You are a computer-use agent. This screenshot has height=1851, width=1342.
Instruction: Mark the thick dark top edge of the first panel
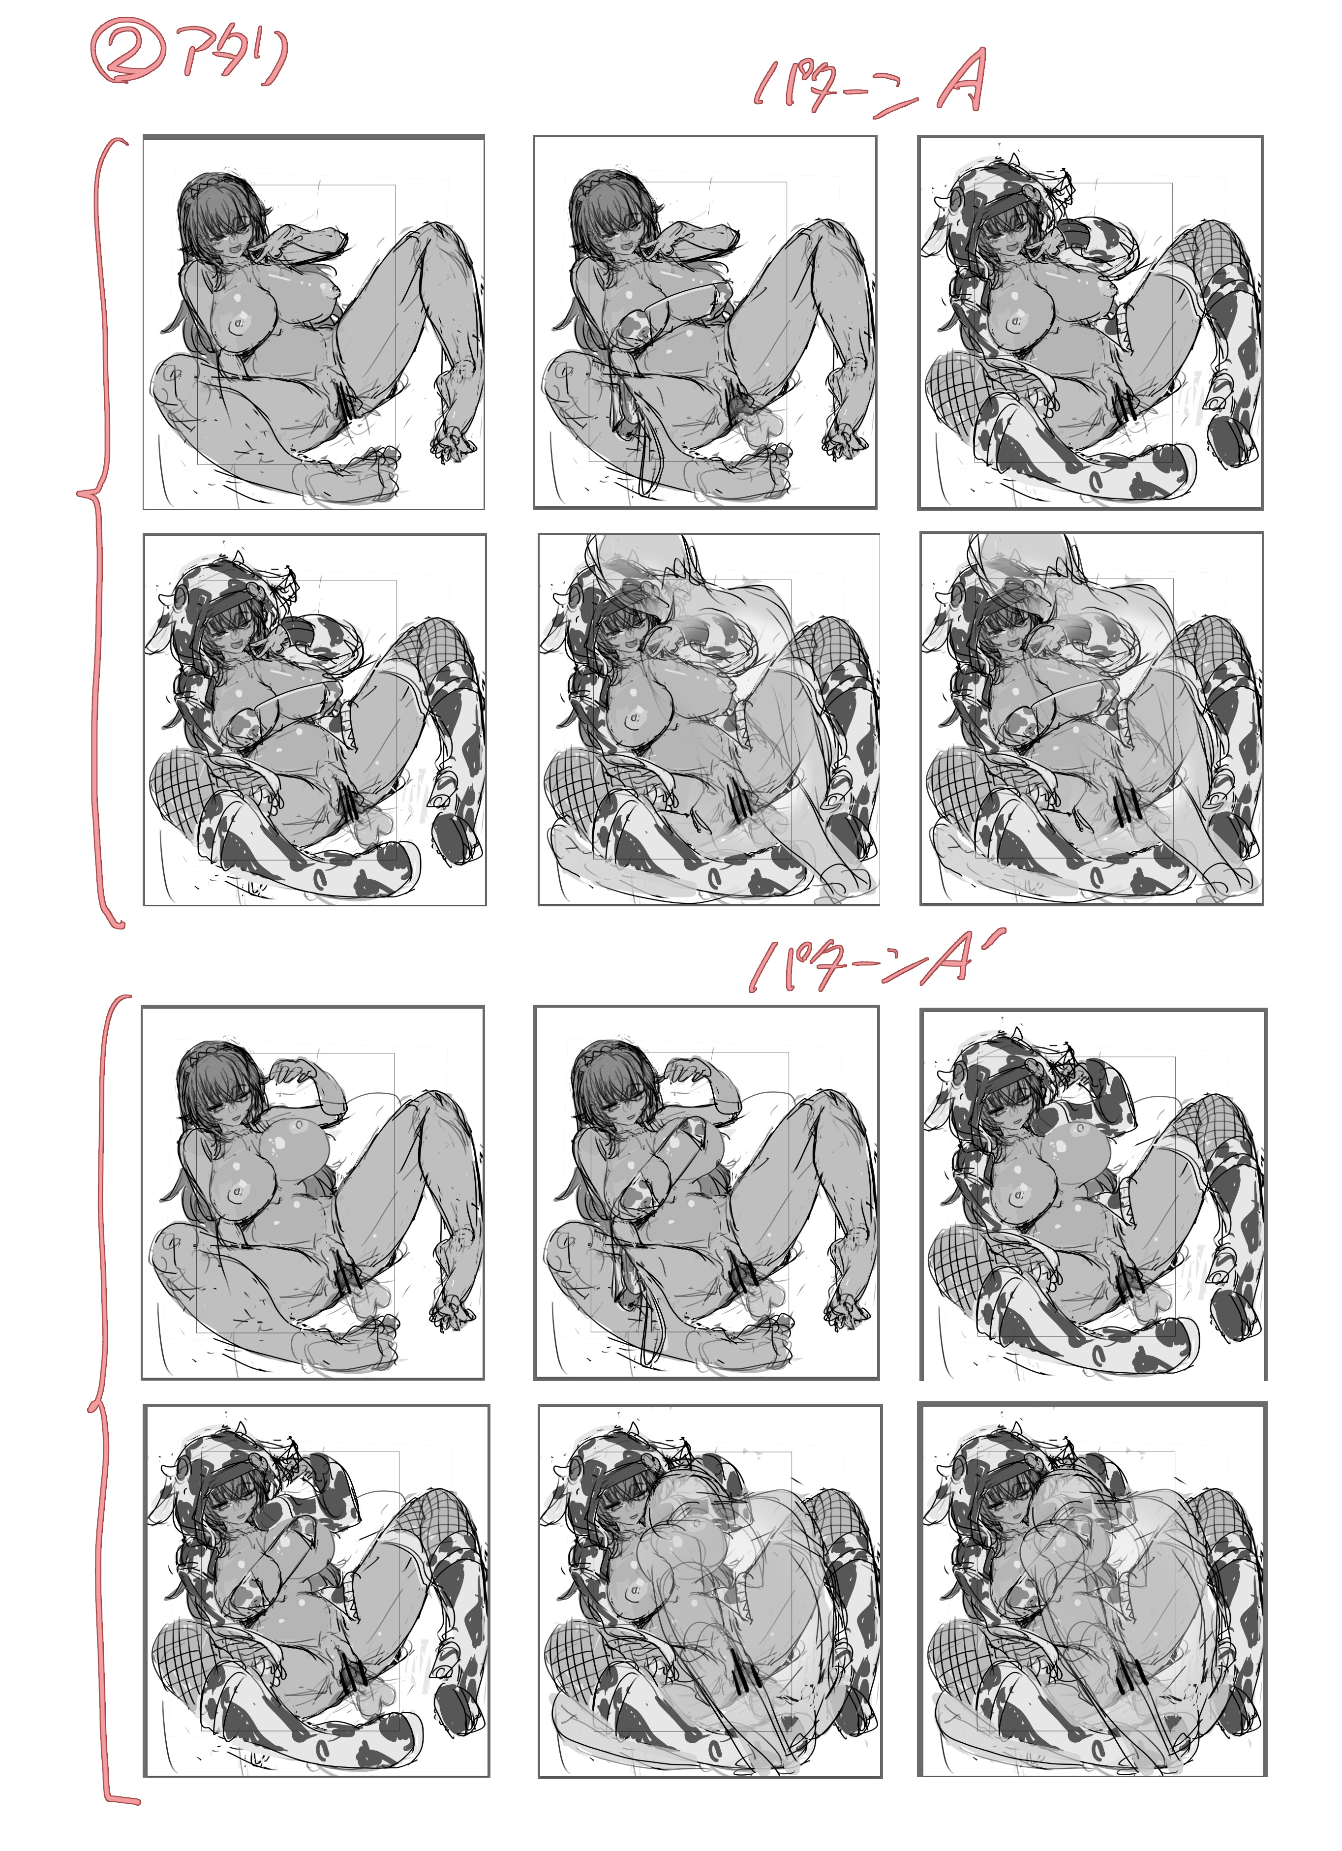(x=313, y=138)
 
